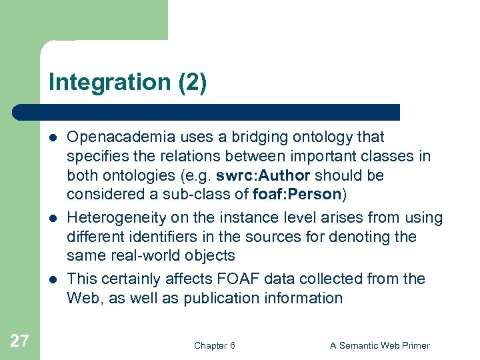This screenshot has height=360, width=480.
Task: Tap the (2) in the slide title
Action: point(193,83)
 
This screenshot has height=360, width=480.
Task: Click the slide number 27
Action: point(19,341)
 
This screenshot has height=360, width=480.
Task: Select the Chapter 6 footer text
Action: point(214,345)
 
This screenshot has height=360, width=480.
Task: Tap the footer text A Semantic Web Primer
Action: point(380,345)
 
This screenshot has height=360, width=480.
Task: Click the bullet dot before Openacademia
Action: point(53,138)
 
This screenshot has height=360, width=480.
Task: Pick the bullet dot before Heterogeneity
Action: point(53,218)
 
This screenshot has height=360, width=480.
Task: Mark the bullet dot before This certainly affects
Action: point(53,279)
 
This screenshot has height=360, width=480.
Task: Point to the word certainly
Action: point(133,279)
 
